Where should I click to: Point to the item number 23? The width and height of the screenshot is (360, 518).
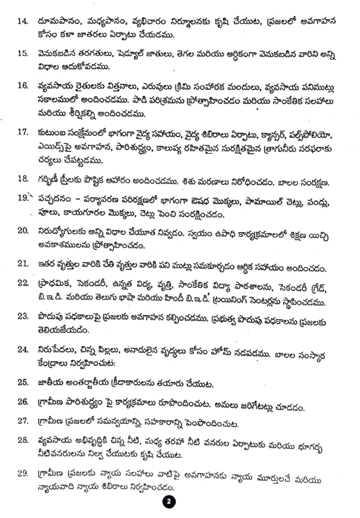point(22,317)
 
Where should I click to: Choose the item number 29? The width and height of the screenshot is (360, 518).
point(22,474)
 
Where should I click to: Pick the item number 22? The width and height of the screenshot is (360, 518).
point(22,283)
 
